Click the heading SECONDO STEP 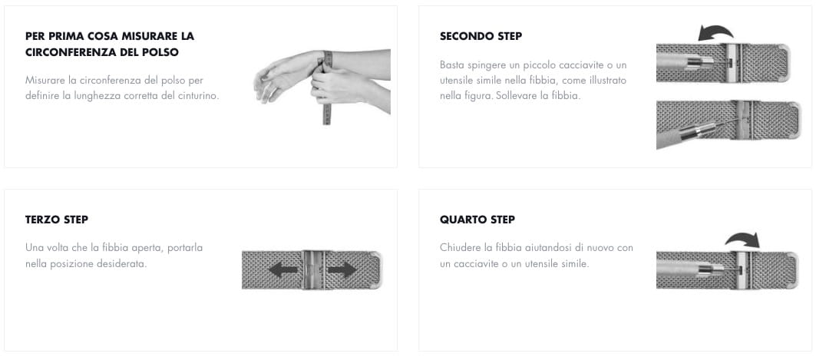(481, 36)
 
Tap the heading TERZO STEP (57, 220)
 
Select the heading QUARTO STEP (477, 220)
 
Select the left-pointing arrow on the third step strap (283, 269)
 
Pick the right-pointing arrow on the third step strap (342, 269)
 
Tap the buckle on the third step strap (313, 269)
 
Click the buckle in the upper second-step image (733, 62)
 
